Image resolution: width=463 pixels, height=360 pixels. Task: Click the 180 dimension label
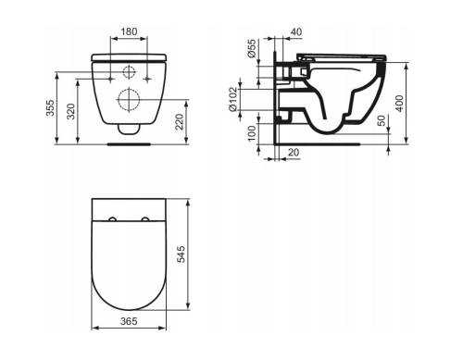[x=129, y=31]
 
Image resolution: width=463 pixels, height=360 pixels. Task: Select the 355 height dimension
[x=50, y=107]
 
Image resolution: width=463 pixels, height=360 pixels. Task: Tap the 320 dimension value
[x=71, y=111]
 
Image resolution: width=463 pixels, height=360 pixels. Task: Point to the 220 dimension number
[x=180, y=122]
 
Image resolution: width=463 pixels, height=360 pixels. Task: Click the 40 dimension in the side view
[x=296, y=31]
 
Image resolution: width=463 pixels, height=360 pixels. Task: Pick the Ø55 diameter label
[x=252, y=48]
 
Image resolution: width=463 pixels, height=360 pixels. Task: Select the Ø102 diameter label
[x=232, y=99]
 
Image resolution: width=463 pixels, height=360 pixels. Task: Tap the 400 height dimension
[x=399, y=104]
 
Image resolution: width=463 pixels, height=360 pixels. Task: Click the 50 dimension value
[x=382, y=120]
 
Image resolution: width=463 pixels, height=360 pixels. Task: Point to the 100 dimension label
[x=252, y=133]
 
